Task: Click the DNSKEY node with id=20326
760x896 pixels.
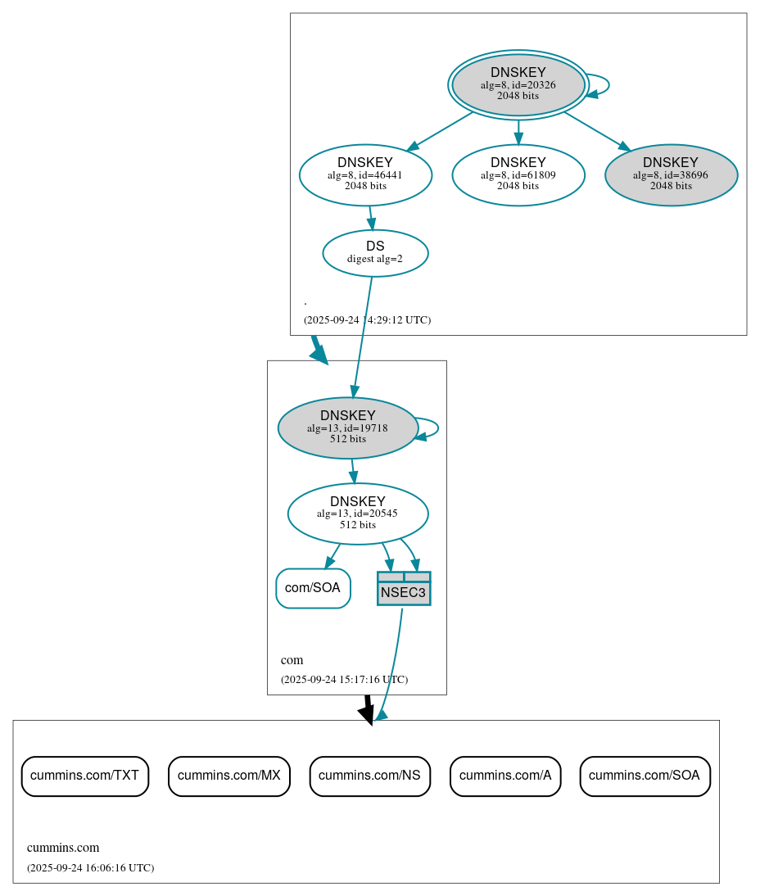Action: click(518, 84)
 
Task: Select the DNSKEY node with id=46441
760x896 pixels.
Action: click(365, 174)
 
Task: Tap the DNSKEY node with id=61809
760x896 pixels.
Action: click(518, 174)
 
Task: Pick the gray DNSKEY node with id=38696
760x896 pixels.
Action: click(671, 174)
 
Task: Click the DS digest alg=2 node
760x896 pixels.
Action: click(375, 252)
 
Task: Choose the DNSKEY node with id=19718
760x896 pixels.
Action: click(348, 428)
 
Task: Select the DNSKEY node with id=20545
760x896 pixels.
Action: click(358, 514)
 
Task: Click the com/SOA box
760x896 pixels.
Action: click(313, 588)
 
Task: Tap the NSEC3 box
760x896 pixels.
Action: click(404, 589)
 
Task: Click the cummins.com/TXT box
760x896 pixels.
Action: click(84, 776)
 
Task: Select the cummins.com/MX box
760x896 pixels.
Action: click(229, 776)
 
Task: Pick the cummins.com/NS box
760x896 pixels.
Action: click(369, 776)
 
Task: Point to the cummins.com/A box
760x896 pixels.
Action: click(505, 776)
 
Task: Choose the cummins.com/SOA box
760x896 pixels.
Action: click(645, 776)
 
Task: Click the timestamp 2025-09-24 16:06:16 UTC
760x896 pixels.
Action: click(90, 867)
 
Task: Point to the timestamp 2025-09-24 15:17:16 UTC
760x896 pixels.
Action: click(344, 679)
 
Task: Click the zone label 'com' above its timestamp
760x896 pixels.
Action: click(292, 659)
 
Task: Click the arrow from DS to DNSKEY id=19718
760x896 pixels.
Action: click(363, 336)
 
